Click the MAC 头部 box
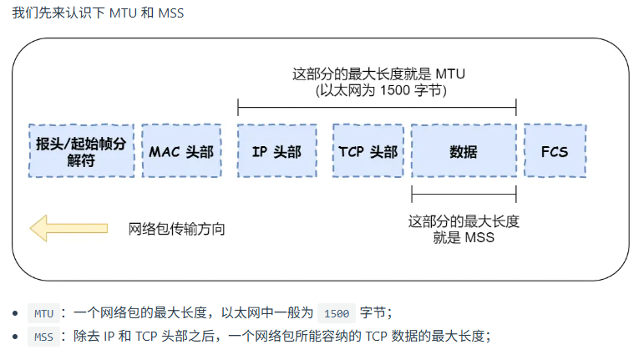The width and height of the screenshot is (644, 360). [181, 151]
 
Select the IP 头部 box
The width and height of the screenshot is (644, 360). [276, 151]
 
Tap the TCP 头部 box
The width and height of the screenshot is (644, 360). [368, 151]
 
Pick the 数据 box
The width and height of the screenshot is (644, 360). [464, 151]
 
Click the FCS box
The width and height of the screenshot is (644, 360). [555, 151]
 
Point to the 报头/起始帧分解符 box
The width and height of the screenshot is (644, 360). [82, 151]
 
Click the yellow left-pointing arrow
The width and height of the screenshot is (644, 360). [68, 228]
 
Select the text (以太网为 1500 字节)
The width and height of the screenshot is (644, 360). [380, 90]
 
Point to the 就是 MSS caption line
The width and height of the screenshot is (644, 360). [464, 238]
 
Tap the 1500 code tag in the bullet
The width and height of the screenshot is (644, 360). [337, 314]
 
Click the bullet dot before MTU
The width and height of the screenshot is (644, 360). [16, 314]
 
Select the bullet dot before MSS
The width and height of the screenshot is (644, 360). [16, 337]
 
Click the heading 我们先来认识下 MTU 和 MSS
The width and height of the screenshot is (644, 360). [98, 14]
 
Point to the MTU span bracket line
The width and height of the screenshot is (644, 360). [377, 107]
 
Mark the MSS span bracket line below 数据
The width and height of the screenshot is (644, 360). [464, 196]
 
